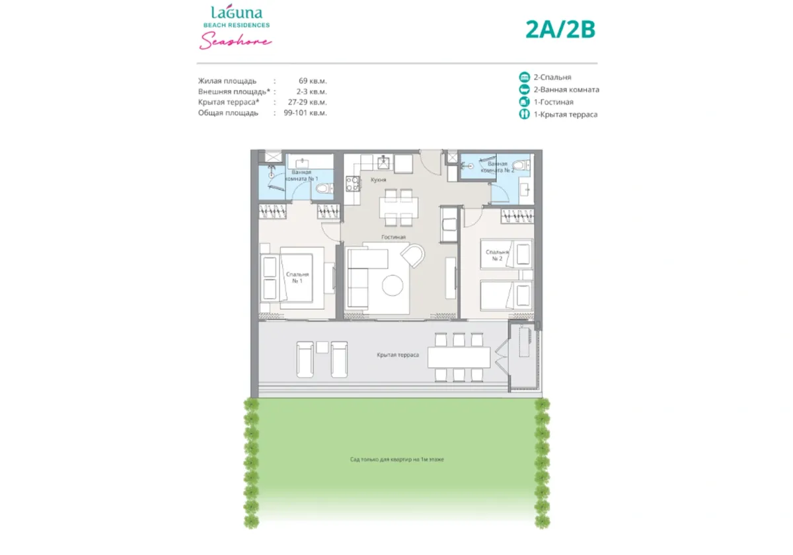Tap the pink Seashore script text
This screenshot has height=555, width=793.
click(235, 41)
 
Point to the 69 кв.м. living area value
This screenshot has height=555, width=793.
click(312, 81)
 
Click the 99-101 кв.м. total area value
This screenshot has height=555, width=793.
click(307, 113)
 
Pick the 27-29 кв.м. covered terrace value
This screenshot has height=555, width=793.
click(307, 102)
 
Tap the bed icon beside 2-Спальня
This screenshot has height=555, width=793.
click(525, 77)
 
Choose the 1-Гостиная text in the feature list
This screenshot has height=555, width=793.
click(553, 102)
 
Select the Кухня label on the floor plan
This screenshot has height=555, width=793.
click(378, 180)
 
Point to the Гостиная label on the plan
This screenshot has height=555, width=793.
click(393, 237)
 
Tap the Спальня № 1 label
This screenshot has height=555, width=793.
click(294, 277)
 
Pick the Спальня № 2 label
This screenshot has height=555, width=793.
click(497, 256)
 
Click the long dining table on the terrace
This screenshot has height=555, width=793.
click(459, 357)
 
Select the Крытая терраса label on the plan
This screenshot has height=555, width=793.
click(398, 355)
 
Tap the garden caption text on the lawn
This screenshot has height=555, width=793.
click(397, 459)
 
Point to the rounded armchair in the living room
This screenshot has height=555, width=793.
click(414, 256)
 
